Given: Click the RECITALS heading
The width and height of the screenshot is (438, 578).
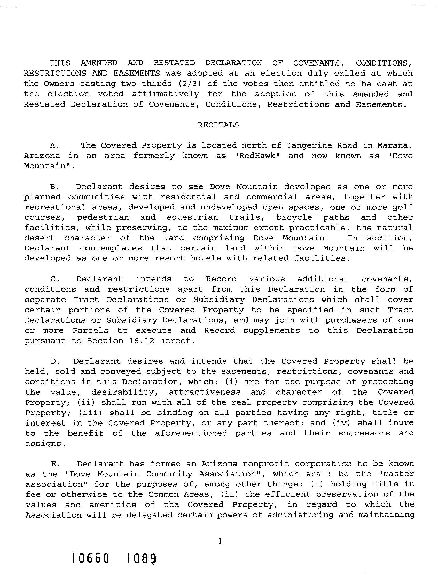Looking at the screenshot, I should [218, 125].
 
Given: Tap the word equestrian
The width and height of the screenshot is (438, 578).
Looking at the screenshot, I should [192, 217].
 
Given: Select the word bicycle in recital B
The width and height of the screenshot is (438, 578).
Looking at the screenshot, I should [294, 217].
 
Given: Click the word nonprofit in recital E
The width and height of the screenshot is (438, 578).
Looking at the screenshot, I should [266, 464].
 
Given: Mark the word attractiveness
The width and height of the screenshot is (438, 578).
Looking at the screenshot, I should [205, 392].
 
